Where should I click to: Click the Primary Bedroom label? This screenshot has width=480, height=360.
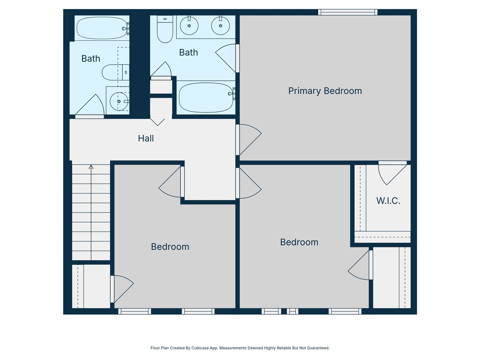click(x=325, y=91)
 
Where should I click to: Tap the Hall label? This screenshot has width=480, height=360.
click(x=145, y=138)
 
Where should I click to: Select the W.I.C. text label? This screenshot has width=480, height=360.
click(x=388, y=201)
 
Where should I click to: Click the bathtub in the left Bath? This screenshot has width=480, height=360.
click(x=102, y=28)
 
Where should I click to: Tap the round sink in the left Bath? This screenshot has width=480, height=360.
click(x=118, y=101)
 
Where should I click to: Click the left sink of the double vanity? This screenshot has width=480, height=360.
click(x=189, y=26)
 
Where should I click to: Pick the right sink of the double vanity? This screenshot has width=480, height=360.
click(x=220, y=26)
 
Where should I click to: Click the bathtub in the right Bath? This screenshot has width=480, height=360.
click(x=206, y=97)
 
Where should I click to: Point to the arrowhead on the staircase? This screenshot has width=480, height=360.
click(x=91, y=167)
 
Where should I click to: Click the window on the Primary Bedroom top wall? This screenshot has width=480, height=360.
click(x=348, y=12)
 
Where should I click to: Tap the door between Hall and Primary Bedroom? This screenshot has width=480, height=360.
click(x=248, y=139)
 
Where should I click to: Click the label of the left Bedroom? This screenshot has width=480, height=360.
click(x=170, y=247)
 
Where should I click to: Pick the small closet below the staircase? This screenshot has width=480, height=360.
click(x=91, y=286)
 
